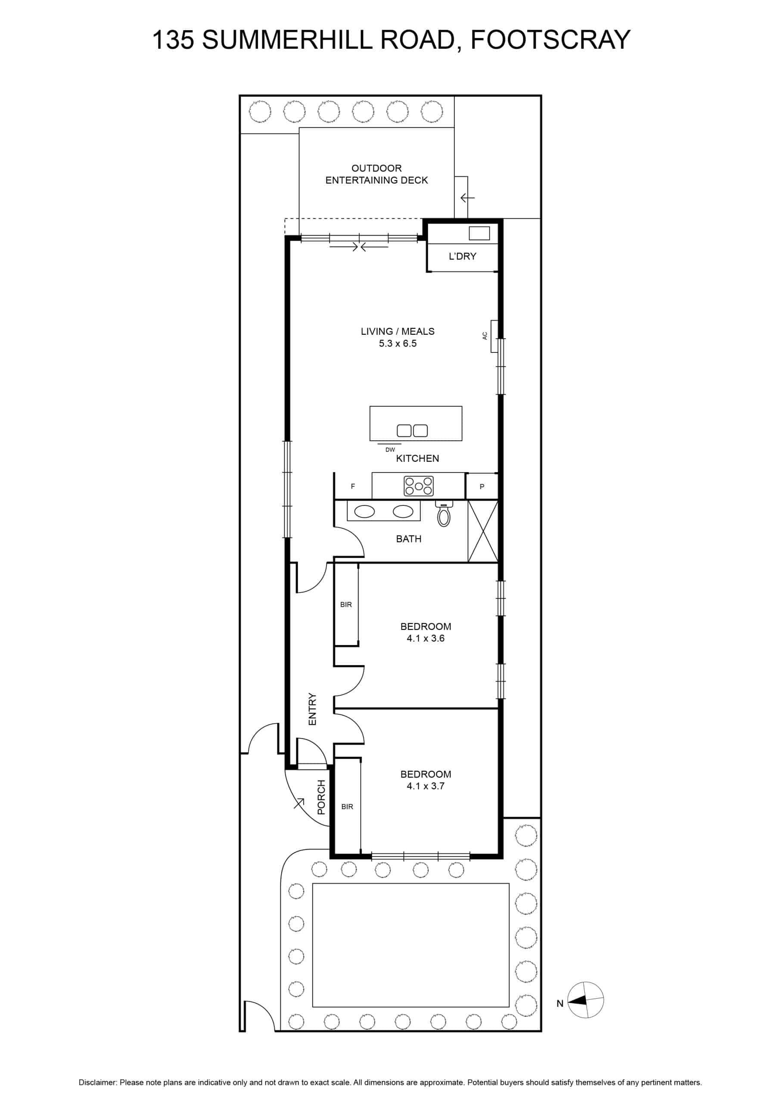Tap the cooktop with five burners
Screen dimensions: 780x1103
[419, 486]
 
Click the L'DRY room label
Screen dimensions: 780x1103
[462, 256]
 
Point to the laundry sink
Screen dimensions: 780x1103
[479, 233]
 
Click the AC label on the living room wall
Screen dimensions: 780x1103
[485, 336]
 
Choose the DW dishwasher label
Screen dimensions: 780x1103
[390, 450]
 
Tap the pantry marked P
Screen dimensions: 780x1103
[482, 486]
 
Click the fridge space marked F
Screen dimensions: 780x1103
[353, 486]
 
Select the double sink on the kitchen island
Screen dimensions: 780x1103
[412, 431]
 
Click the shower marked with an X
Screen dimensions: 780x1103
[483, 531]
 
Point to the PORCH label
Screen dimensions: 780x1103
[321, 797]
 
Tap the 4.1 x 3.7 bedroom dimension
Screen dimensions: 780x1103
[426, 786]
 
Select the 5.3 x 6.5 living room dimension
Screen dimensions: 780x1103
[398, 343]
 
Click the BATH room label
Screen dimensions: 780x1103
[409, 539]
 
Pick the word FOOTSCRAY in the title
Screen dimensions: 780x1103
[550, 40]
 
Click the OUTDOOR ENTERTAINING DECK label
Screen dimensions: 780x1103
[376, 174]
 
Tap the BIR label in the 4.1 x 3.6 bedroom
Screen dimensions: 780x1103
[346, 605]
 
